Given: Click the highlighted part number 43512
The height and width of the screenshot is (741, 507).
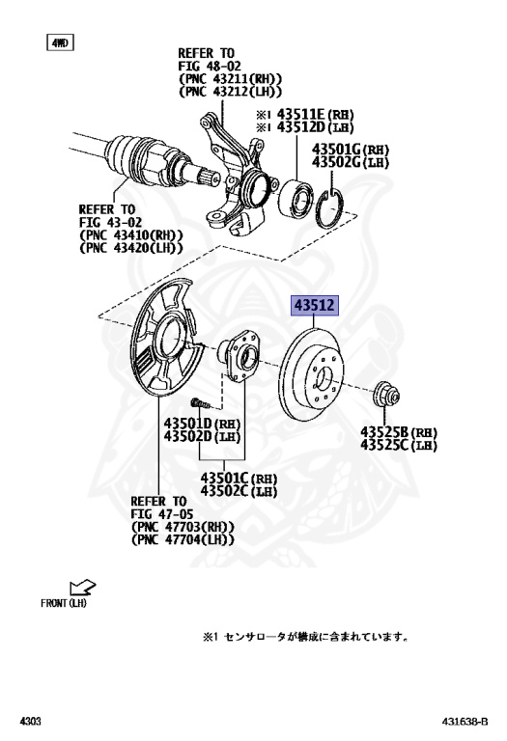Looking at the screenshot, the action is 315,305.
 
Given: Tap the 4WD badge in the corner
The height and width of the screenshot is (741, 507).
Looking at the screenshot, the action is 60,43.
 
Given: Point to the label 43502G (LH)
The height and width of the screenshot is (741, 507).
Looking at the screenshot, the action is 350,162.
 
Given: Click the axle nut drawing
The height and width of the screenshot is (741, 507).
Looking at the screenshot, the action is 387,394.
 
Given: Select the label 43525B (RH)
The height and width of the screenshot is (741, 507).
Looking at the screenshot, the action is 399,432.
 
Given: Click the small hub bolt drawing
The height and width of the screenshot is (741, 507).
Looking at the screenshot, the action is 201,403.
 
